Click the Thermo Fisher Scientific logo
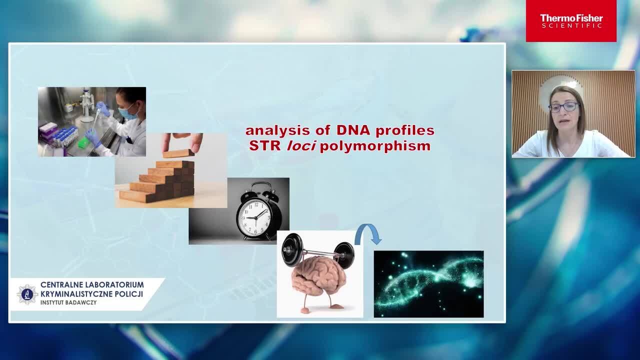pos(571,21)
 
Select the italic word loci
pos(301,146)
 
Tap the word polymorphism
pos(375,147)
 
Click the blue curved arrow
pos(367,233)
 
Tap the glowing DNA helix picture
pos(429,284)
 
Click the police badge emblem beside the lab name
pos(27,294)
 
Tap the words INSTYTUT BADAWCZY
pos(68,302)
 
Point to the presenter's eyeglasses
pos(563,107)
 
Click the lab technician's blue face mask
pos(127,111)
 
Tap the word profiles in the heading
pos(405,131)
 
